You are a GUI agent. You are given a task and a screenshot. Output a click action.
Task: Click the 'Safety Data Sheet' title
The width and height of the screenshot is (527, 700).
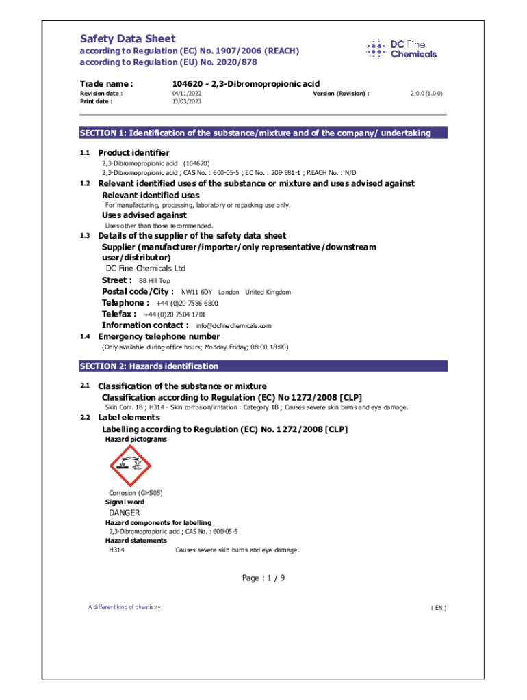tap(128, 39)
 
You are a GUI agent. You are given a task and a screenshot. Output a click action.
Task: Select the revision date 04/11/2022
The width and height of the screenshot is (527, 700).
tap(187, 93)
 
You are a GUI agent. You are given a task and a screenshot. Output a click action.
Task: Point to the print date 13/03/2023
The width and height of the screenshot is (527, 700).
tap(187, 101)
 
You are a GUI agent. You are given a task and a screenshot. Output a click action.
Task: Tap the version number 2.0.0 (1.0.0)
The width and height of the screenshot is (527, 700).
tap(426, 93)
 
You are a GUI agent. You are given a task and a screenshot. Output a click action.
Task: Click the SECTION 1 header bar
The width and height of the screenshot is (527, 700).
tap(263, 133)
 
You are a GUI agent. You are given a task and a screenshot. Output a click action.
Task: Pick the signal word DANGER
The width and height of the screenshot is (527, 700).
tap(125, 513)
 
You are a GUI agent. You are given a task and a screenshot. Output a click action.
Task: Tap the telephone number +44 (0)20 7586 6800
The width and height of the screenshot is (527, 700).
tap(187, 303)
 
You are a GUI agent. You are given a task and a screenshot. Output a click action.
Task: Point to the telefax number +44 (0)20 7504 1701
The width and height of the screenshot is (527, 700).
tap(175, 314)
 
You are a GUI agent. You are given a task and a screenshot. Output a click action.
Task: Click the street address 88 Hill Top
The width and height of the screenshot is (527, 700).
tap(155, 281)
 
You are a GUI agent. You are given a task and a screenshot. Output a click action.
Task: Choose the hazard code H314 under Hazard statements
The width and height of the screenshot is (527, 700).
tap(116, 550)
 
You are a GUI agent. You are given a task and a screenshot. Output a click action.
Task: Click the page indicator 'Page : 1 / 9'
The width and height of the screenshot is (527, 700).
tap(263, 578)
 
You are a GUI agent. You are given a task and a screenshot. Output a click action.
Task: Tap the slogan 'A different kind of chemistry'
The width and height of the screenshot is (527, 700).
tap(124, 607)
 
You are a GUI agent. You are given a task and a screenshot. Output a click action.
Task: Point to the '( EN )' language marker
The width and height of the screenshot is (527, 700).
tap(438, 608)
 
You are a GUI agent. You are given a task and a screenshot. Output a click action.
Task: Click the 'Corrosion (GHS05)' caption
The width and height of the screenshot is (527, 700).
tap(136, 493)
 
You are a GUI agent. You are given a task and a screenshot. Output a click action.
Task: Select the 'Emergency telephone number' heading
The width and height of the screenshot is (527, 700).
tap(159, 336)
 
